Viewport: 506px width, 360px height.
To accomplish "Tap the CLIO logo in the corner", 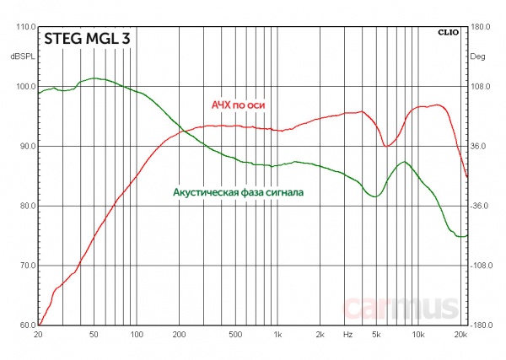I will pyautogui.click(x=448, y=34).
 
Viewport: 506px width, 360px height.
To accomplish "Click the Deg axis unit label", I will pyautogui.click(x=477, y=56).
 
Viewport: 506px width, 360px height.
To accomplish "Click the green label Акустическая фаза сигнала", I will pyautogui.click(x=238, y=192).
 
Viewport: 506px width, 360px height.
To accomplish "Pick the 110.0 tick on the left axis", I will pyautogui.click(x=21, y=27).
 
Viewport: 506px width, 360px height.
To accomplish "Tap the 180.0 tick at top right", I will pyautogui.click(x=480, y=27).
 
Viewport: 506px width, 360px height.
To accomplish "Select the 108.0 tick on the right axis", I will pyautogui.click(x=480, y=87).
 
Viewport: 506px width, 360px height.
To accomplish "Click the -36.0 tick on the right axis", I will pyautogui.click(x=480, y=206).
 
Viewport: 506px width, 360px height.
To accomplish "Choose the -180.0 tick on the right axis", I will pyautogui.click(x=481, y=325).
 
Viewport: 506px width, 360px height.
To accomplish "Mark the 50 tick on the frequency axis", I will pyautogui.click(x=94, y=335).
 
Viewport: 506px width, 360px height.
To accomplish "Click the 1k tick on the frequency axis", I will pyautogui.click(x=277, y=335).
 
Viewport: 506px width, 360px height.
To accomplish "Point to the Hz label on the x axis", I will pyautogui.click(x=347, y=335).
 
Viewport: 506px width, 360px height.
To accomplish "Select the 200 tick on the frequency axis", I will pyautogui.click(x=179, y=335).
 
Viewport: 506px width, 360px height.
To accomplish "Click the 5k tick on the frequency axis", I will pyautogui.click(x=375, y=335).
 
